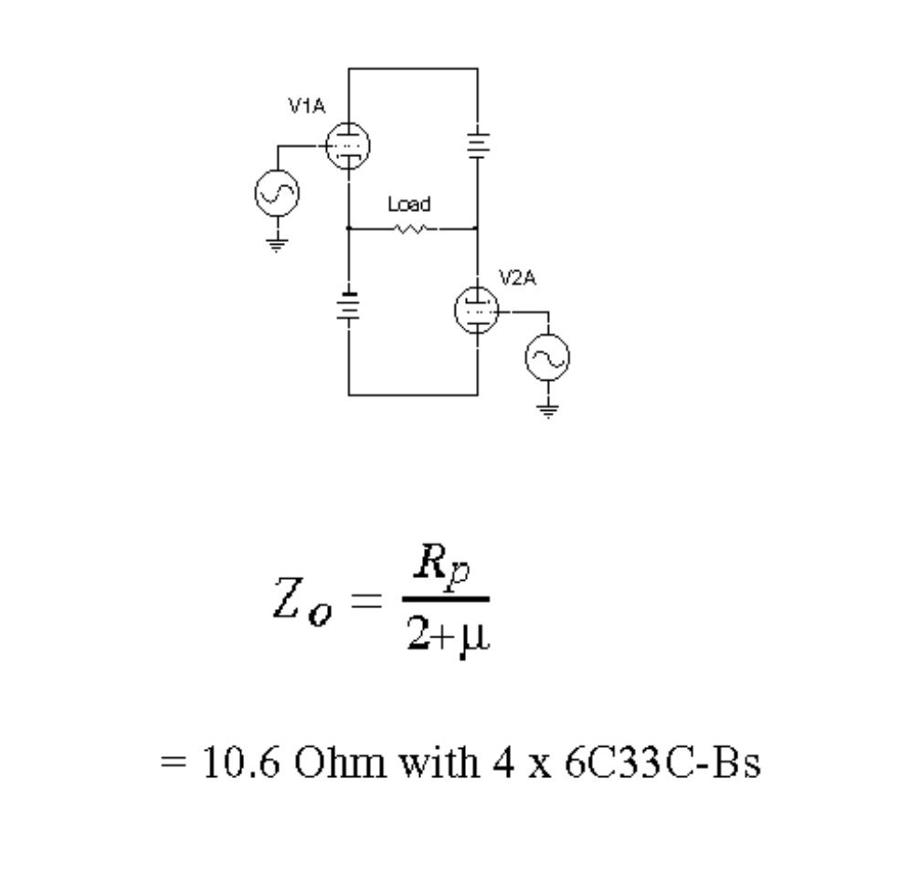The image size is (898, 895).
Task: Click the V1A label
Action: click(306, 106)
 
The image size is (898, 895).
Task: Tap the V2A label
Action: click(517, 277)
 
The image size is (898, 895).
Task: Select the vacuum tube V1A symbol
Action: click(348, 146)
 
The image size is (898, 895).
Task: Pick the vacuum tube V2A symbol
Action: click(476, 311)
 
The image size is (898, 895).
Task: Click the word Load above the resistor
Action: click(408, 205)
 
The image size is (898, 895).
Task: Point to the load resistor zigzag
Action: click(409, 229)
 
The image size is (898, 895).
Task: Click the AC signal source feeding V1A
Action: click(276, 193)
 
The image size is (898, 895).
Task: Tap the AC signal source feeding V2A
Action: click(547, 360)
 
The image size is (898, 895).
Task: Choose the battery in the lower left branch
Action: click(348, 306)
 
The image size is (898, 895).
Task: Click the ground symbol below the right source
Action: click(547, 409)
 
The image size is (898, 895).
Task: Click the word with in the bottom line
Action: click(433, 763)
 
